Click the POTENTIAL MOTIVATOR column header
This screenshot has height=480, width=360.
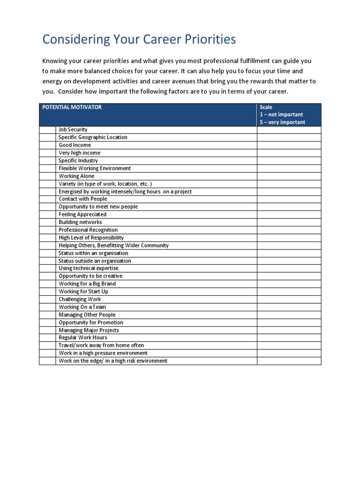(x=72, y=107)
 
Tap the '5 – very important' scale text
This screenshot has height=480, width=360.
(x=282, y=122)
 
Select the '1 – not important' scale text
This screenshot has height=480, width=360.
(x=281, y=114)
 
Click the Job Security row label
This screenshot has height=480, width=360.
(x=73, y=129)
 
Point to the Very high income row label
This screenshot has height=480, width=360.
(x=79, y=153)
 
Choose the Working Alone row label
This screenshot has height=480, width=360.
(x=76, y=176)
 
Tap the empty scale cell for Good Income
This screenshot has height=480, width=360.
(x=288, y=145)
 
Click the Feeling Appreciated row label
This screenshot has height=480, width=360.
(x=82, y=214)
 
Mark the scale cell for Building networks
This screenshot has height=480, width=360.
(x=288, y=222)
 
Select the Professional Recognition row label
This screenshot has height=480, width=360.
(x=88, y=230)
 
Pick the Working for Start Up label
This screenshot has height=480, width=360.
(x=83, y=292)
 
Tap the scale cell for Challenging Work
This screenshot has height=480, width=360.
(x=288, y=299)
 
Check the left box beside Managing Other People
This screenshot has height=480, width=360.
(x=47, y=315)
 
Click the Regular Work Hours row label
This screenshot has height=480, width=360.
(x=82, y=337)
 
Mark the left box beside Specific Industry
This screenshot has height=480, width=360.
(x=47, y=160)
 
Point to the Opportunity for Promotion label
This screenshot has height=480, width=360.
(x=91, y=322)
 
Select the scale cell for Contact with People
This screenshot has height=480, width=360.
(x=288, y=199)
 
